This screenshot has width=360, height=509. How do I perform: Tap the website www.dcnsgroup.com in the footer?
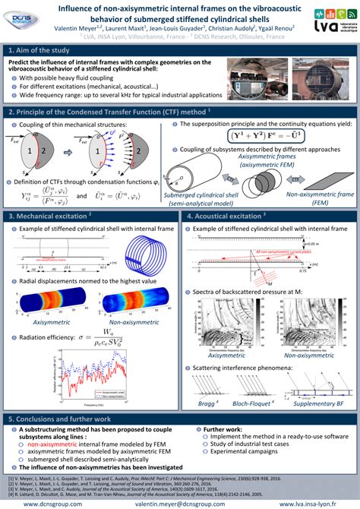pos(52,504)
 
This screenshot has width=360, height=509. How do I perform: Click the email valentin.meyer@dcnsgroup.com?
pos(180,504)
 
